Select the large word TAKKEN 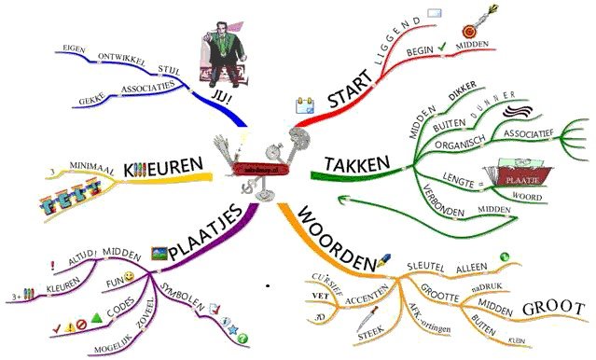tap(356, 165)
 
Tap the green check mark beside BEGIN tap(442, 44)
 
